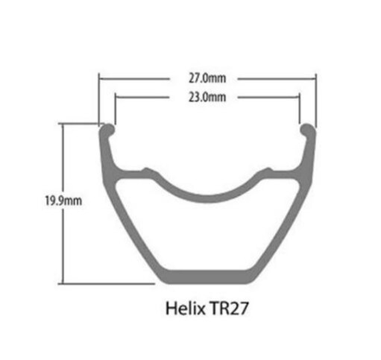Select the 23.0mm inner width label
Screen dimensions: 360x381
[207, 97]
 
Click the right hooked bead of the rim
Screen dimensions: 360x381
[306, 131]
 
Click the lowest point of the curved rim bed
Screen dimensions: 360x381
[207, 198]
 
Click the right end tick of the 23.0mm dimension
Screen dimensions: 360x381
[300, 97]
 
